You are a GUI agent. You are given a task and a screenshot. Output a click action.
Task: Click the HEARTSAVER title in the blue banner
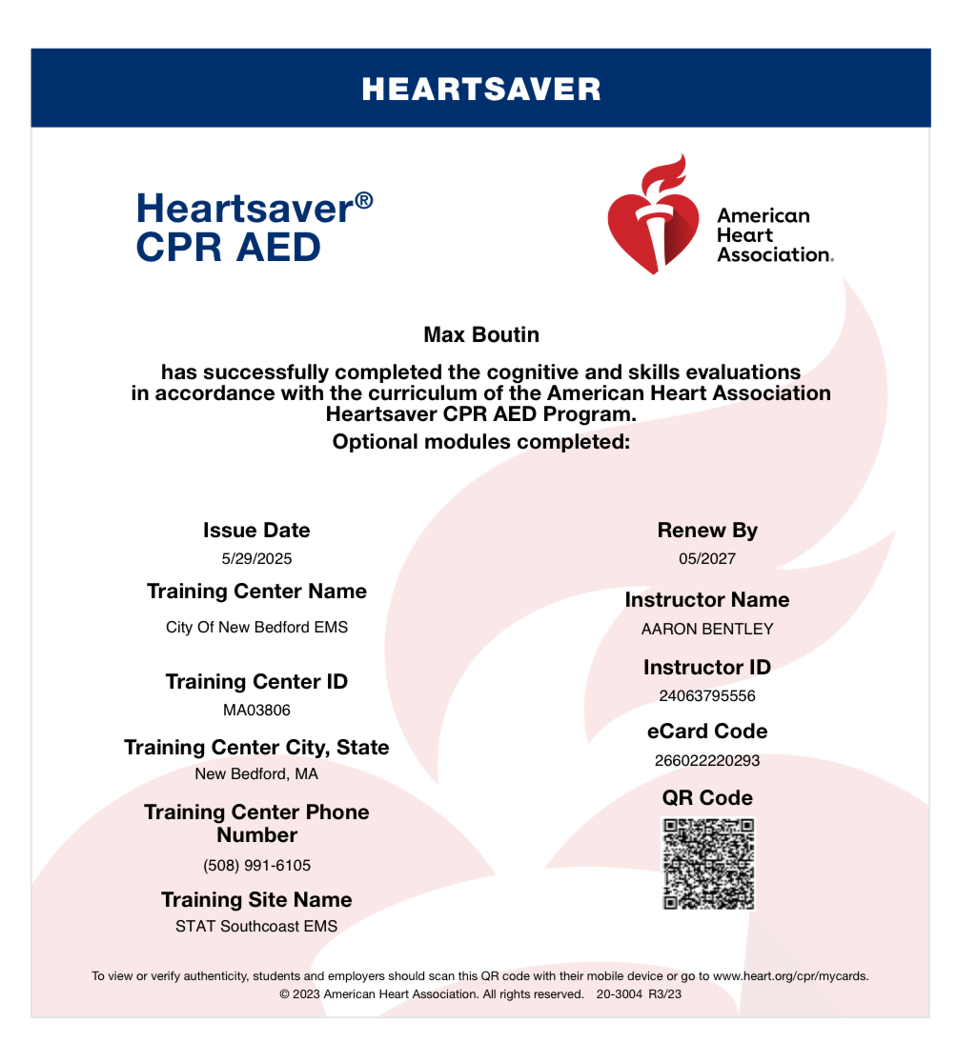[x=481, y=90]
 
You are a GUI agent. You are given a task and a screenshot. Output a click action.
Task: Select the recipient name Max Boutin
[x=481, y=335]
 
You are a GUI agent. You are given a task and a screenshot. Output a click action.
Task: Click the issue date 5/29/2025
[x=256, y=559]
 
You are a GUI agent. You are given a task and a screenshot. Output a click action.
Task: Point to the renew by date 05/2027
[x=707, y=559]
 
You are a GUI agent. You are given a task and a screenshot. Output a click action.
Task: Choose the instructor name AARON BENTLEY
[x=707, y=630]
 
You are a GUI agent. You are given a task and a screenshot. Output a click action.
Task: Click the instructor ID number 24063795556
[x=707, y=696]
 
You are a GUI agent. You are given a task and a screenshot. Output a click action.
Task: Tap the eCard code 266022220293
[x=707, y=761]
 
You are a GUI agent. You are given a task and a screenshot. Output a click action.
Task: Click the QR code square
[x=708, y=864]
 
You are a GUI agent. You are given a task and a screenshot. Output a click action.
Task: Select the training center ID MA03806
[x=256, y=711]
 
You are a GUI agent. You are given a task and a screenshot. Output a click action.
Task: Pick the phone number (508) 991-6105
[x=256, y=866]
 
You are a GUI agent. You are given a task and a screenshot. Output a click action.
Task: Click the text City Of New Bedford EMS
[x=256, y=628]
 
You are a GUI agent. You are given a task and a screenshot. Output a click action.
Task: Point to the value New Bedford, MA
[x=256, y=774]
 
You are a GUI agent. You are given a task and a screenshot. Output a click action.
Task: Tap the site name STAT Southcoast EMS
[x=256, y=926]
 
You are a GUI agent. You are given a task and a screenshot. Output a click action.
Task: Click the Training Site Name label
[x=256, y=900]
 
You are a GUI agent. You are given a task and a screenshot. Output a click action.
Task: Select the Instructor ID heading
[x=707, y=668]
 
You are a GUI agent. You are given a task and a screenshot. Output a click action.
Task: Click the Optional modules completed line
[x=481, y=442]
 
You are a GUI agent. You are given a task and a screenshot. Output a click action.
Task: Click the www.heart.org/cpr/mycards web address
[x=790, y=976]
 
